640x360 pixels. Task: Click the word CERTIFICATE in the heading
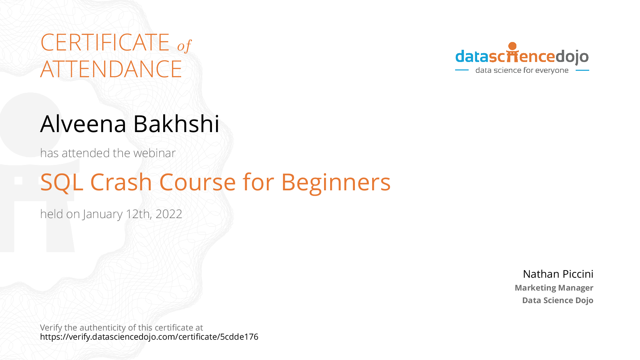105,43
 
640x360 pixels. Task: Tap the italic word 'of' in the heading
184,46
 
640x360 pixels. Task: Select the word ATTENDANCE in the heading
111,69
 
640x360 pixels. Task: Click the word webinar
154,153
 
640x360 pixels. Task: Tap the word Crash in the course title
121,183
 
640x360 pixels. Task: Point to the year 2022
169,214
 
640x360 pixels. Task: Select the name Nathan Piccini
558,274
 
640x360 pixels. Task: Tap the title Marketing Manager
554,288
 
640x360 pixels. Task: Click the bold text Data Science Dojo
557,300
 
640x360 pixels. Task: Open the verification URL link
149,337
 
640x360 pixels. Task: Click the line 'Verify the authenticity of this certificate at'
121,327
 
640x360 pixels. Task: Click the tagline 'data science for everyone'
522,70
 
